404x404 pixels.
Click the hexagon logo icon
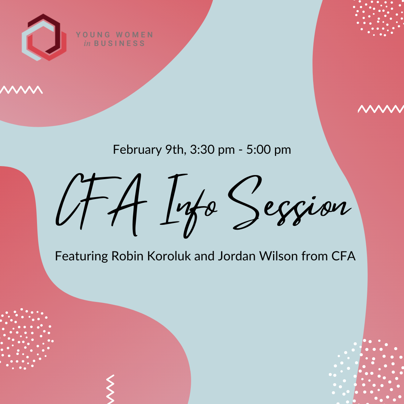44,37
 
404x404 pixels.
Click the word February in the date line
136,150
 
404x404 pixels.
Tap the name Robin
125,257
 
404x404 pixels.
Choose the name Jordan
232,257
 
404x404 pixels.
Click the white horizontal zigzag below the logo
22,90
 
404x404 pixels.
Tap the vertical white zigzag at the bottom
110,389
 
